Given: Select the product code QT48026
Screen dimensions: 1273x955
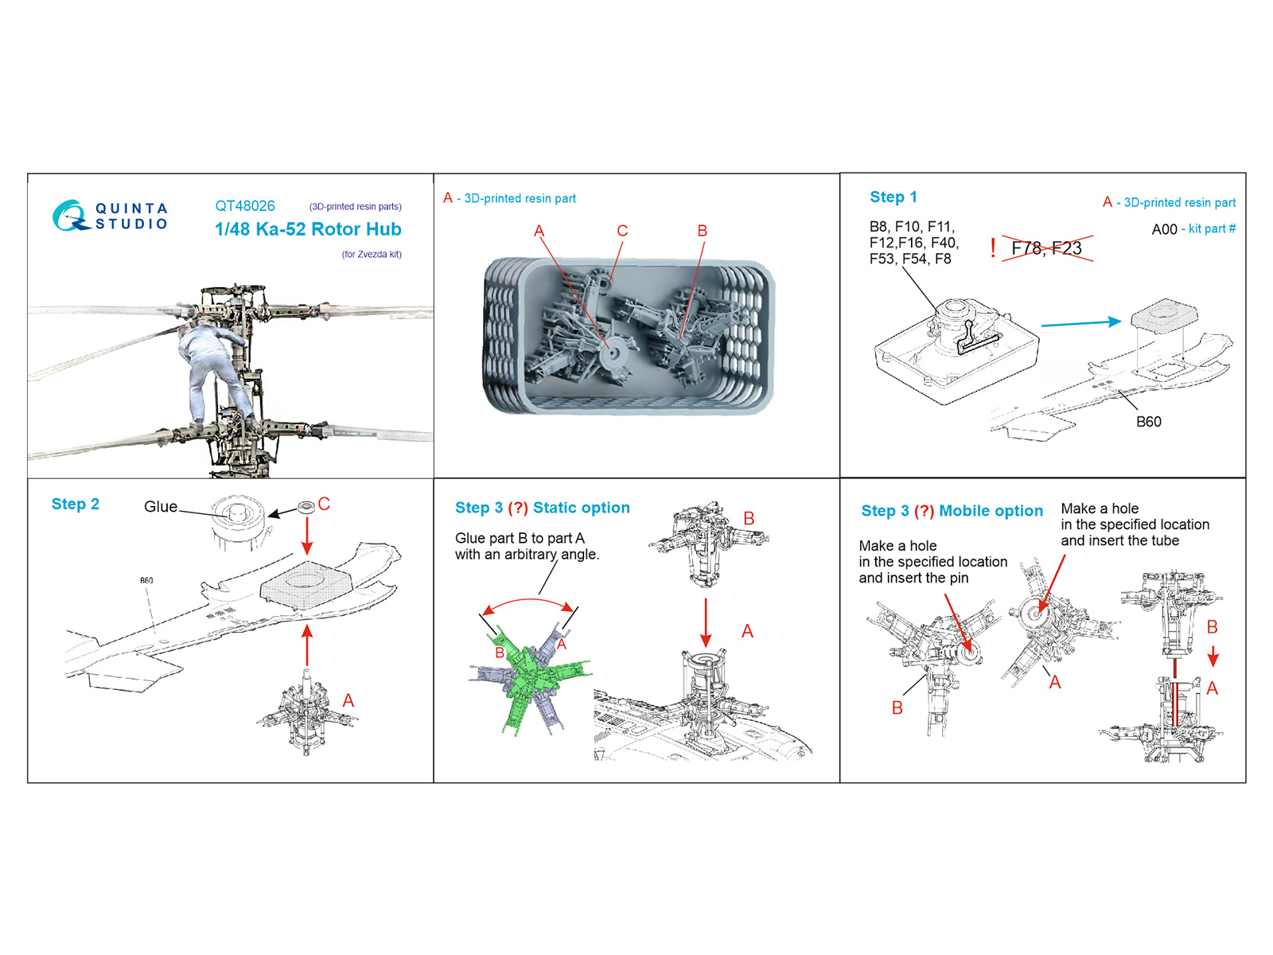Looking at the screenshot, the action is (245, 206).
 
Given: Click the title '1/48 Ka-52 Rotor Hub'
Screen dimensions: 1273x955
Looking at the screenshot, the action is (308, 229).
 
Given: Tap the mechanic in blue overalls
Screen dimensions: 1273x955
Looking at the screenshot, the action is (216, 371).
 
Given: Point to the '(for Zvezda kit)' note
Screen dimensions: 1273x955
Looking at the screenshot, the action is (372, 254).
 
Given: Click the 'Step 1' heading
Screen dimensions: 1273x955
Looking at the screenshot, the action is (893, 197).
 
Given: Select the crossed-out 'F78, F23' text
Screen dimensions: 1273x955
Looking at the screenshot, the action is (1047, 248).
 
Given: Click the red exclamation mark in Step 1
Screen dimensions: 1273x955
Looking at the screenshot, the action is (993, 248).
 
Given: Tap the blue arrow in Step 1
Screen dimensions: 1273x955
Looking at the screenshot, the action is (1081, 323).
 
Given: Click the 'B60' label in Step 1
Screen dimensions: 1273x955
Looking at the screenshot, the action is (1148, 422).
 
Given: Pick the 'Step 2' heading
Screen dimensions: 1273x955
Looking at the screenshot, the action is (76, 505).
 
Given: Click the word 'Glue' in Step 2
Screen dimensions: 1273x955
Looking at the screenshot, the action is (161, 506).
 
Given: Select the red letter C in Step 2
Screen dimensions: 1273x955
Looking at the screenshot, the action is (324, 504).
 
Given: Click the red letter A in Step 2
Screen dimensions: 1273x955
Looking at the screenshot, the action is (348, 700).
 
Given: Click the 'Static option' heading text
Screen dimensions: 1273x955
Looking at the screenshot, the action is (581, 508).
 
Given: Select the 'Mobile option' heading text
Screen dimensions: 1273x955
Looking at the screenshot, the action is (991, 511).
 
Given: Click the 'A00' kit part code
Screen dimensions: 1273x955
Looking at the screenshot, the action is (1164, 229).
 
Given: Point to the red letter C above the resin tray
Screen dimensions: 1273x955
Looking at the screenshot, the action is (622, 231).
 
